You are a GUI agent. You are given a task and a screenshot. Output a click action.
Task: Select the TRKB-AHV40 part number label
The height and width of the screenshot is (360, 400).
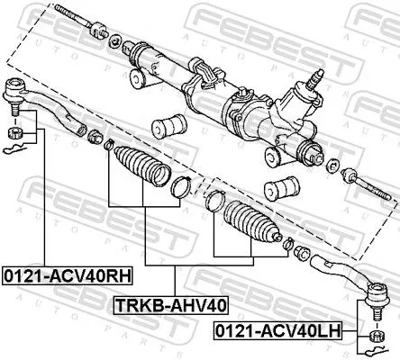(x=170, y=304)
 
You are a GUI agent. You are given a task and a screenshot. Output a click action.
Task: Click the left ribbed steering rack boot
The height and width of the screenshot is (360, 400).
(x=141, y=168)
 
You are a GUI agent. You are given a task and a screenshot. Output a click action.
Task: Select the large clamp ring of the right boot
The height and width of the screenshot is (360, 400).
(x=213, y=202)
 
